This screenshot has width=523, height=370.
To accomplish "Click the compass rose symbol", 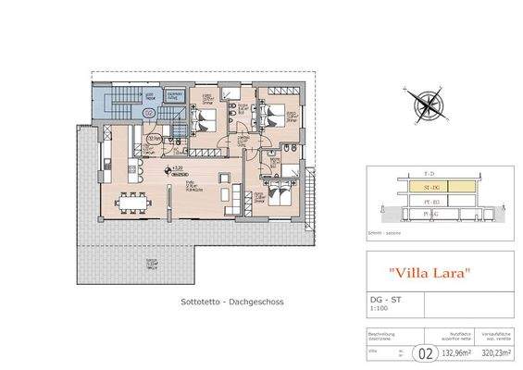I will tap(421, 101).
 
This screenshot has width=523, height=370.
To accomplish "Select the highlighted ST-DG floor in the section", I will tap(429, 186).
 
